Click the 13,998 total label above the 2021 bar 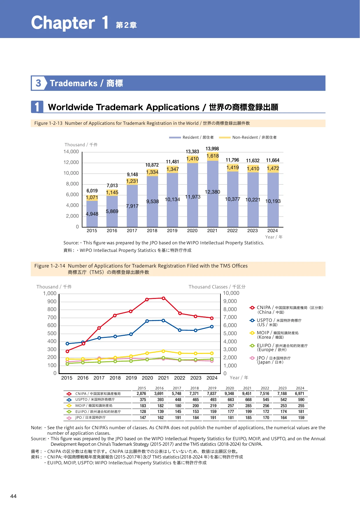(x=212, y=149)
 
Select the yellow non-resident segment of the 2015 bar (x=92, y=198)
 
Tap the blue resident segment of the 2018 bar (x=152, y=201)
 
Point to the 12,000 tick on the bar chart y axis (x=71, y=162)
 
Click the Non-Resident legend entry (x=248, y=138)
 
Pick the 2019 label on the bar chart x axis (x=172, y=231)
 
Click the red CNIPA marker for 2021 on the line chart (x=163, y=298)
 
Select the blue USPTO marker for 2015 (x=67, y=344)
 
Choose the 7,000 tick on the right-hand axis (x=230, y=317)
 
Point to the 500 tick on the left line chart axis (x=52, y=333)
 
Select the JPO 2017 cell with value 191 (x=178, y=418)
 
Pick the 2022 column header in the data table (x=265, y=388)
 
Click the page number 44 (x=13, y=496)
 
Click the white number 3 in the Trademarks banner (x=38, y=83)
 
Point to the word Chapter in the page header (x=63, y=23)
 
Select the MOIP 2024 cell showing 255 (x=301, y=406)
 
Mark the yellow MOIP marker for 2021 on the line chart (x=163, y=351)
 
